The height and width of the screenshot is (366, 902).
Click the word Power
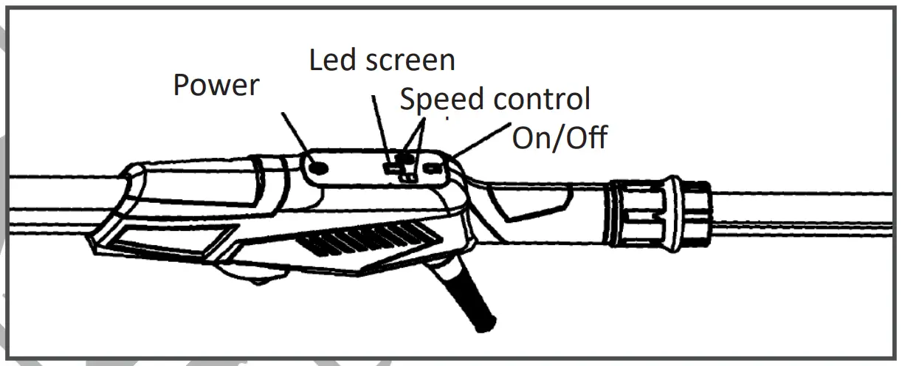pyautogui.click(x=216, y=86)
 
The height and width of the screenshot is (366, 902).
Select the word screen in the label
pyautogui.click(x=410, y=61)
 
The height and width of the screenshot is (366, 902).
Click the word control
pyautogui.click(x=543, y=99)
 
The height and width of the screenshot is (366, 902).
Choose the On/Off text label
pyautogui.click(x=560, y=138)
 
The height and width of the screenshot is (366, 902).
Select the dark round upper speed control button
pyautogui.click(x=405, y=159)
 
